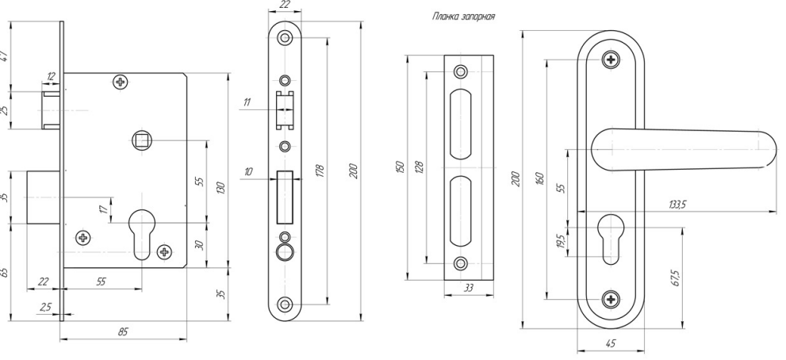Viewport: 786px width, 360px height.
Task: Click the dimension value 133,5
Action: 678,205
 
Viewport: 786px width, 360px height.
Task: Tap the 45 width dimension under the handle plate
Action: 610,344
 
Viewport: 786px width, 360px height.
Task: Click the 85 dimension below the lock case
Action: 123,333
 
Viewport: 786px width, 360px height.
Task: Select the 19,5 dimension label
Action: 562,240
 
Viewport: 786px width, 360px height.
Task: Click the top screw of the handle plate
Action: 610,59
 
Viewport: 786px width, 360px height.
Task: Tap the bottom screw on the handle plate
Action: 610,299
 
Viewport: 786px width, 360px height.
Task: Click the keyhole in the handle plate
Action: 610,235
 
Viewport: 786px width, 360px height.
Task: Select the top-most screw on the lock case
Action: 121,81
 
